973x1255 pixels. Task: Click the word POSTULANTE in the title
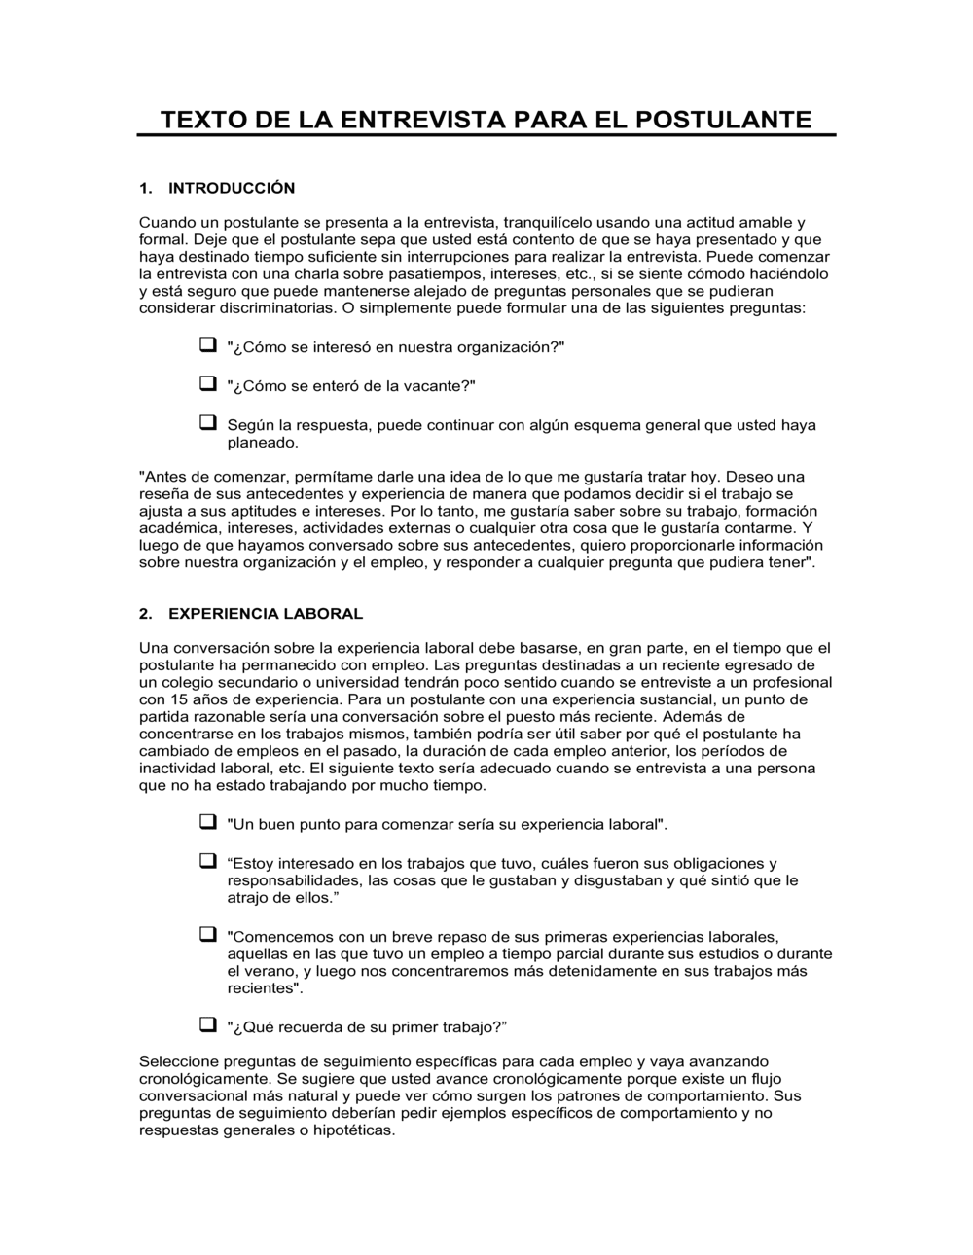tap(724, 120)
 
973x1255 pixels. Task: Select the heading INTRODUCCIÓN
tap(232, 188)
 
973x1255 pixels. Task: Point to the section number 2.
tap(146, 614)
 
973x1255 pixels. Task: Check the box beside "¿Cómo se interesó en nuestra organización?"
tap(207, 345)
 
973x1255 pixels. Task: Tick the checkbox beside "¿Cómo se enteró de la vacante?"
tap(207, 383)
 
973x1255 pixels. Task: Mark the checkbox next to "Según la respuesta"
tap(207, 422)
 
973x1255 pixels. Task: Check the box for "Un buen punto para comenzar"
tap(207, 822)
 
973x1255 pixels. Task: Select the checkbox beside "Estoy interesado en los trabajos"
tap(207, 861)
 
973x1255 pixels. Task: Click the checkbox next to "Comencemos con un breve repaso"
tap(207, 935)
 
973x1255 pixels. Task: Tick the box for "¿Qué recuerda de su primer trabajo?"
tap(207, 1024)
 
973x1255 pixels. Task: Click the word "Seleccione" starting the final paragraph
tap(177, 1061)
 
